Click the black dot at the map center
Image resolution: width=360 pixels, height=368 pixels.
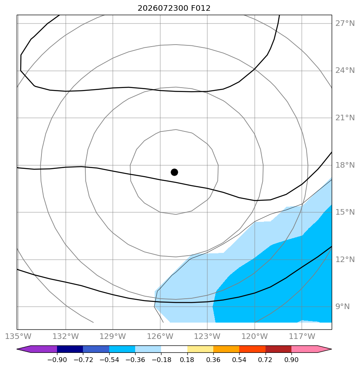click(x=174, y=172)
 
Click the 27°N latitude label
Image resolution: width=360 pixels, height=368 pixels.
click(x=345, y=23)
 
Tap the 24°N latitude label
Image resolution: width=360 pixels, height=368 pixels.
click(x=345, y=70)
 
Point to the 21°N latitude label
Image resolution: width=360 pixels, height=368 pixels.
click(x=345, y=118)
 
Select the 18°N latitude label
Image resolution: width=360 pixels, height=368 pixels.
click(x=345, y=165)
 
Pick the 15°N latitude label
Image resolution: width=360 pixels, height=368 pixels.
click(x=345, y=212)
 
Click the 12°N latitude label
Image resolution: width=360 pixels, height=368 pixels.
click(x=345, y=260)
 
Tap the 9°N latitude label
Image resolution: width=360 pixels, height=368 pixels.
click(x=342, y=307)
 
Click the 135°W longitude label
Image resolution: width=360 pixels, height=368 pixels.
click(x=18, y=337)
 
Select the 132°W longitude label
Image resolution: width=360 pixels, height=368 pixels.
click(x=65, y=337)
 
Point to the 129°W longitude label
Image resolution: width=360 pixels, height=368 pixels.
click(x=113, y=337)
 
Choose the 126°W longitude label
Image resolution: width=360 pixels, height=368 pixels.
click(x=160, y=337)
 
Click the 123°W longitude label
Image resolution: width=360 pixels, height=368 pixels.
click(x=207, y=337)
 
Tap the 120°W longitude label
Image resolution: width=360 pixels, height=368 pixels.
click(x=255, y=337)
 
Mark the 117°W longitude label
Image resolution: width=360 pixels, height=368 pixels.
click(x=302, y=337)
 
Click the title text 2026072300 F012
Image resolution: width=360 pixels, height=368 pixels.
click(x=174, y=8)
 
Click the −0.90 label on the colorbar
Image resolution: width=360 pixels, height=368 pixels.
click(x=57, y=360)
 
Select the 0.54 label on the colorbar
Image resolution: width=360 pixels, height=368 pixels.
click(x=239, y=360)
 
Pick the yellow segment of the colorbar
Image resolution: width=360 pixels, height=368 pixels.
click(x=200, y=349)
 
